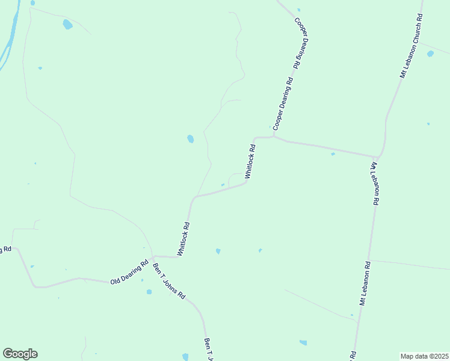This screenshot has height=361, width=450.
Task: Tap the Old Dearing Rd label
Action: [x=129, y=273]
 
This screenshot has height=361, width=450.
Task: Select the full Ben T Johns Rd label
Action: [x=169, y=282]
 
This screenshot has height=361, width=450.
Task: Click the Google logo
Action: [x=20, y=354]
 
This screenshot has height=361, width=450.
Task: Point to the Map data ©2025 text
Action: [x=424, y=356]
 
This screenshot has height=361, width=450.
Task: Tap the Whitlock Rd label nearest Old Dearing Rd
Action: [x=183, y=239]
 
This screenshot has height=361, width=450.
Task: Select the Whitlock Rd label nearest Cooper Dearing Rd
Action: [x=250, y=160]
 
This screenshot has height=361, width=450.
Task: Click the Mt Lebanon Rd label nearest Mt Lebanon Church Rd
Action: [x=375, y=184]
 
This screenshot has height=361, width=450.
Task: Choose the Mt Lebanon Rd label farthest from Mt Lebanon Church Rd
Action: [x=363, y=283]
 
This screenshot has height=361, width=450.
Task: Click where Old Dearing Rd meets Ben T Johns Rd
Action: [x=153, y=256]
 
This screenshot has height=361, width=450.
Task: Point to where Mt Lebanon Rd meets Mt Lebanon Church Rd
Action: [x=377, y=156]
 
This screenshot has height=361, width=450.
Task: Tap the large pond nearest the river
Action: [x=67, y=25]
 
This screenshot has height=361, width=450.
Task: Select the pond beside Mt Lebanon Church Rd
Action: [x=430, y=54]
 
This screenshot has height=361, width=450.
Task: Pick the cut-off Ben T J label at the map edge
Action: [x=209, y=349]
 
